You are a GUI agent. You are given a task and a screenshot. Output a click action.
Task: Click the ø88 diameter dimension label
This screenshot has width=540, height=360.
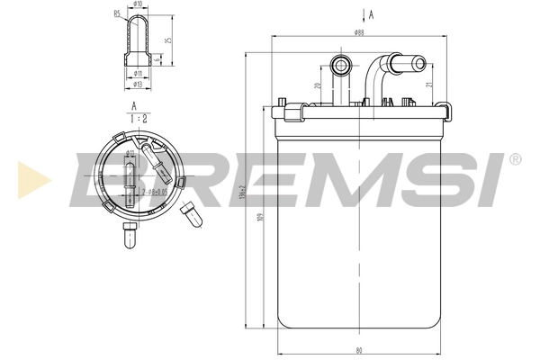coord(358,33)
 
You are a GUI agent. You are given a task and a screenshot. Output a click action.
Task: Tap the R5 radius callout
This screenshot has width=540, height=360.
coord(117,13)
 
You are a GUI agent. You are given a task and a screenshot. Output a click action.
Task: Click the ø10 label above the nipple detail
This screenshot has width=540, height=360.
coord(137,5)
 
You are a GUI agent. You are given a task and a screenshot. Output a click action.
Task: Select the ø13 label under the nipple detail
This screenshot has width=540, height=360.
coord(137,84)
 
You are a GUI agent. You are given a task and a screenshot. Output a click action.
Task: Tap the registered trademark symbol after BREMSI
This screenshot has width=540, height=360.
coord(514,159)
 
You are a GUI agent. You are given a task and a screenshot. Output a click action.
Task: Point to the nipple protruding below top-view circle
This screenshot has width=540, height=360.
coord(130,239)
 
